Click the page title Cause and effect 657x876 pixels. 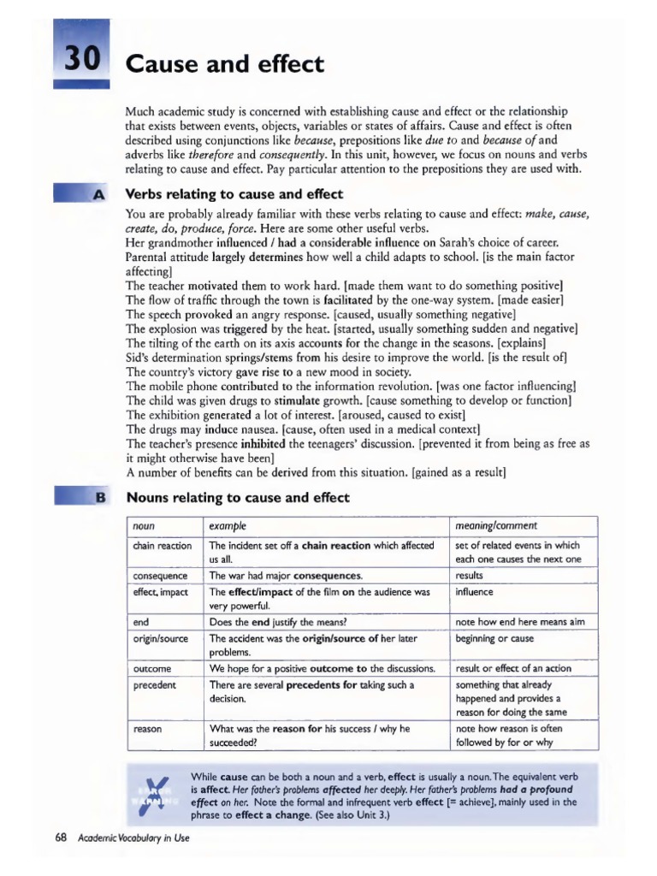pyautogui.click(x=225, y=63)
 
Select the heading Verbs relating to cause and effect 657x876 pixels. pyautogui.click(x=234, y=194)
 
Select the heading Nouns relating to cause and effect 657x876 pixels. pyautogui.click(x=238, y=497)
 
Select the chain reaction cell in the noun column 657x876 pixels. pyautogui.click(x=163, y=545)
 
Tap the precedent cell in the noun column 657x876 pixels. pyautogui.click(x=155, y=684)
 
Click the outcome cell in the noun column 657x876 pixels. pyautogui.click(x=153, y=668)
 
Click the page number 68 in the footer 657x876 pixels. pyautogui.click(x=61, y=838)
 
